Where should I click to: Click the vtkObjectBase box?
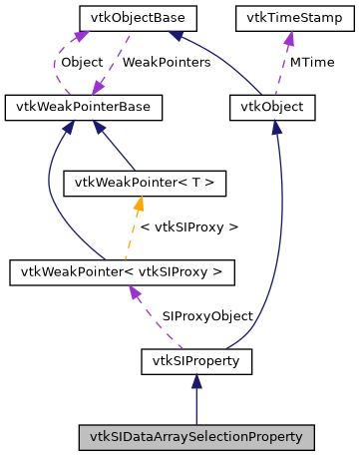point(124,18)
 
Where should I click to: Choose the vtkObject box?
point(272,105)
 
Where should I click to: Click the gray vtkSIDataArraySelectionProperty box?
point(196,436)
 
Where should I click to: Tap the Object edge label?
point(82,62)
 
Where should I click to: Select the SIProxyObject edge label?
point(207,315)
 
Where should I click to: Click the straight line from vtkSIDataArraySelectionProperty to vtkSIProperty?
point(196,404)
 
